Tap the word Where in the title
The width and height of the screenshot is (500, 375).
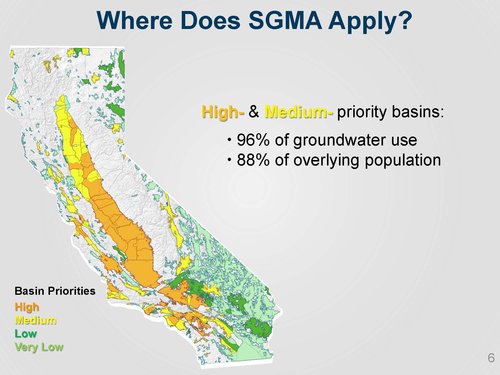pos(135,20)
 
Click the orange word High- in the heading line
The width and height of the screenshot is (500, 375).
pos(223,112)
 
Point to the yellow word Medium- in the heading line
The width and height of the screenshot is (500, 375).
pos(299,112)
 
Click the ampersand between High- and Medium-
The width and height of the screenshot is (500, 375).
pos(254,112)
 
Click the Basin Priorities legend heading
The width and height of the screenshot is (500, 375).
pos(55,291)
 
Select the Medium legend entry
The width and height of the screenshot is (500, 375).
pos(35,320)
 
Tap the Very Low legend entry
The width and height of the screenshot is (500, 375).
pos(39,347)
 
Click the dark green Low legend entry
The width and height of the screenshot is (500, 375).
pos(26,333)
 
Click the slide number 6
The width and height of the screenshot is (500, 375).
pos(491,358)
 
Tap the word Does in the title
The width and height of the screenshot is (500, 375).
pos(210,20)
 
